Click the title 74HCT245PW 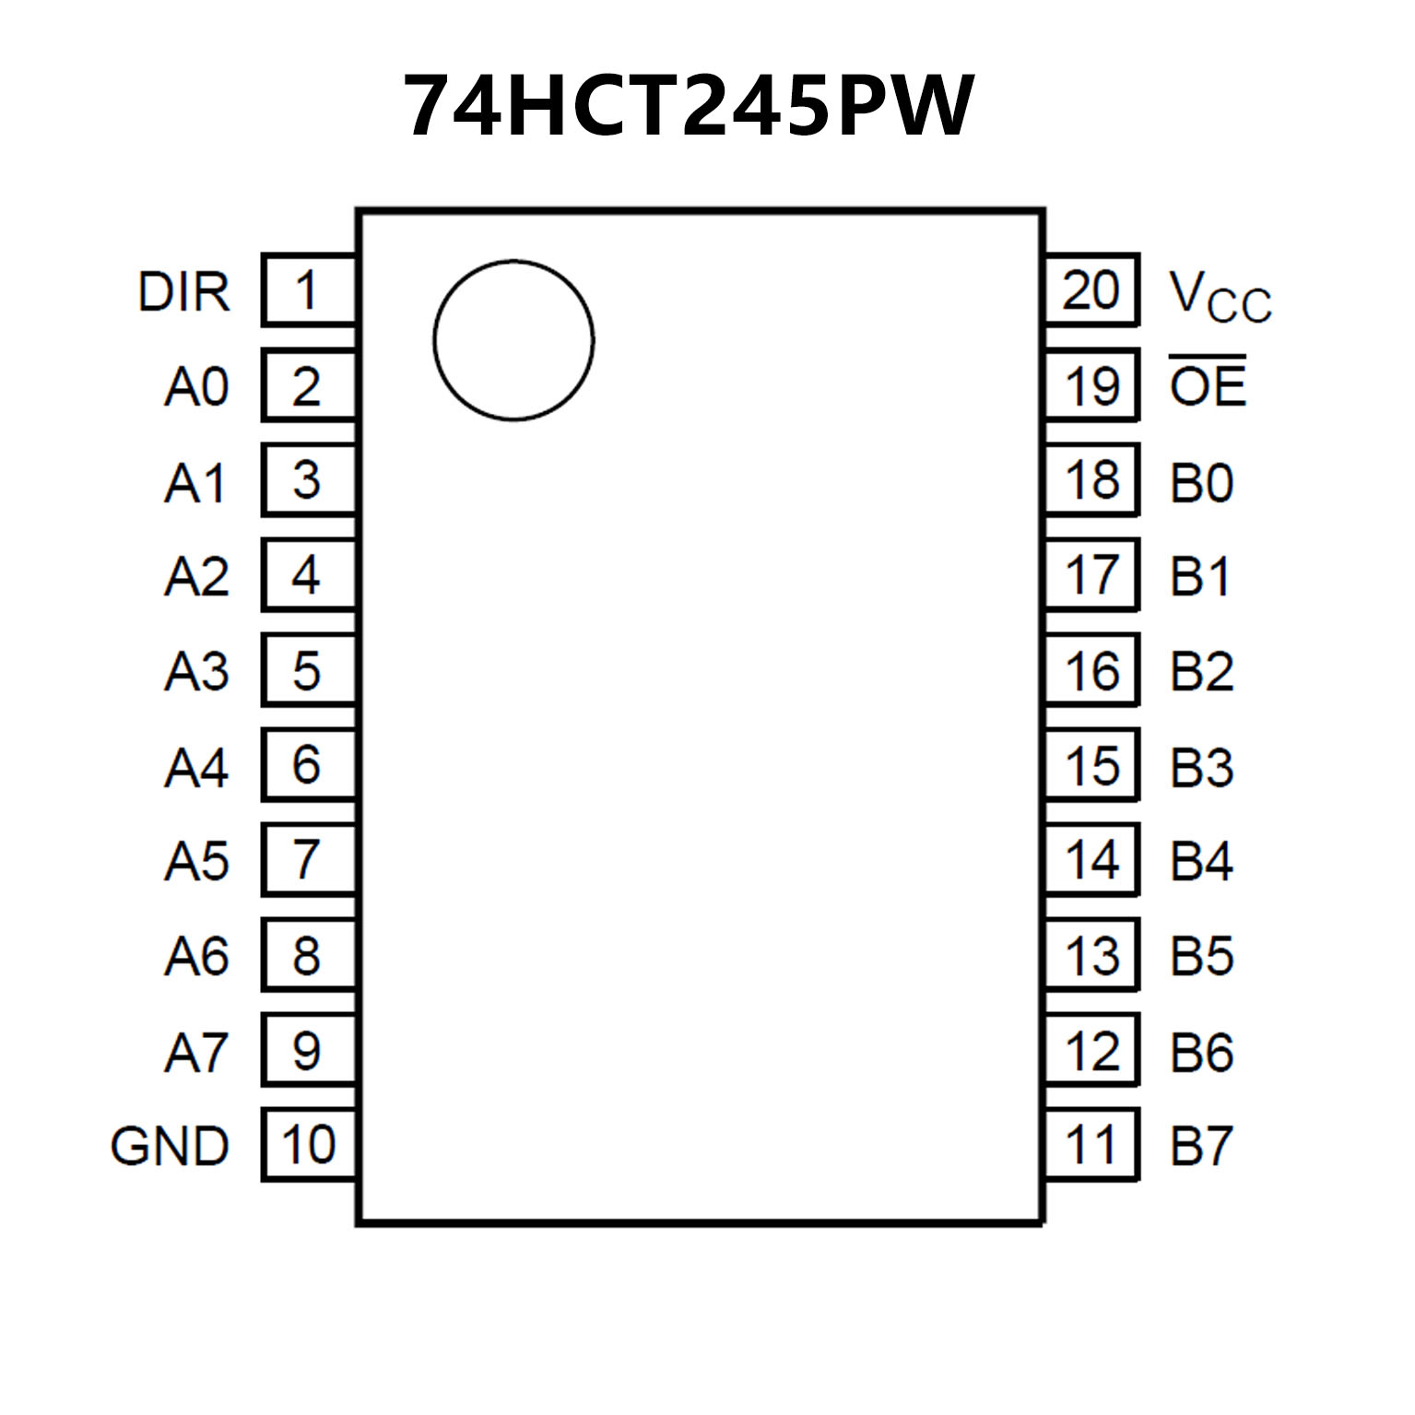point(689,105)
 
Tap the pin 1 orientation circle point(513,340)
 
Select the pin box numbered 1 point(308,290)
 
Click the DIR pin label point(183,292)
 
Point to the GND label point(170,1146)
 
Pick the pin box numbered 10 point(308,1144)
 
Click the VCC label point(1220,296)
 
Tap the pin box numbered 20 point(1091,290)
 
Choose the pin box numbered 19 point(1091,385)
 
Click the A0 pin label point(196,387)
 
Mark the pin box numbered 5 point(308,670)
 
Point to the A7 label point(196,1052)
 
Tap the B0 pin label point(1201,482)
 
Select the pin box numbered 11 point(1091,1144)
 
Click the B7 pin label point(1201,1146)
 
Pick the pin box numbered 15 point(1091,765)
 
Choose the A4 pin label point(196,767)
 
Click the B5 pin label point(1201,956)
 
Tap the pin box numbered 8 point(308,955)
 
